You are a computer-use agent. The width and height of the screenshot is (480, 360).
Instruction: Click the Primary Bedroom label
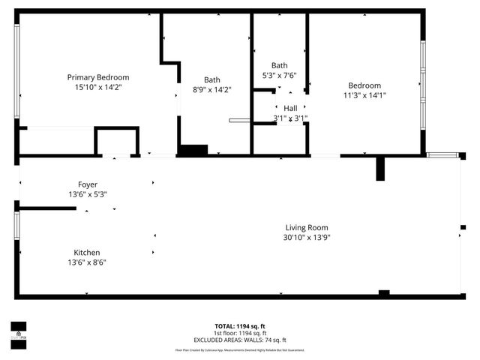(98, 77)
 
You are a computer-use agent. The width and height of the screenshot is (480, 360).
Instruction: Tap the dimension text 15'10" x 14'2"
(98, 87)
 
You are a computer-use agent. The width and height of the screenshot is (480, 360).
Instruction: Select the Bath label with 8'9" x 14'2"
(212, 79)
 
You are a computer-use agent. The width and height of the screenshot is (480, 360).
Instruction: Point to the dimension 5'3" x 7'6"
(280, 75)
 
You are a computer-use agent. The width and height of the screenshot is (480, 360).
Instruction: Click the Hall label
(289, 108)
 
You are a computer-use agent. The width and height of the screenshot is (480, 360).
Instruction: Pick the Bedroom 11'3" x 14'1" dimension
(364, 95)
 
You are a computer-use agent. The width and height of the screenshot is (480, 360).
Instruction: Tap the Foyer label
(88, 184)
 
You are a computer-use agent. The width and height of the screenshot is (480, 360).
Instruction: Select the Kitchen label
(87, 253)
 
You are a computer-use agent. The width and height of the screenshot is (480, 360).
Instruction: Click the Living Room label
(307, 227)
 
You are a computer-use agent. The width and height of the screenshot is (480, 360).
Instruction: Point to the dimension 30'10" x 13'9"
(307, 237)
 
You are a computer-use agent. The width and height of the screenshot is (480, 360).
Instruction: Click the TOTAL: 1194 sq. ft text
(240, 326)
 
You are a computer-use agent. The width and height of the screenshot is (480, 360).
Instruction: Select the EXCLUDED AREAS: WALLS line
(240, 340)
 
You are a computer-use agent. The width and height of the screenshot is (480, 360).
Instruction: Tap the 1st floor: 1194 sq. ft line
(240, 333)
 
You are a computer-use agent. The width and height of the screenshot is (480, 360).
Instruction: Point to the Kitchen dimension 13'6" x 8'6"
(87, 262)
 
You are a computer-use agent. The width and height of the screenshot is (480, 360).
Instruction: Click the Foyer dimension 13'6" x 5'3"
(88, 194)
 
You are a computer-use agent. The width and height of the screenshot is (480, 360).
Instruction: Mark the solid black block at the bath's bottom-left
(193, 150)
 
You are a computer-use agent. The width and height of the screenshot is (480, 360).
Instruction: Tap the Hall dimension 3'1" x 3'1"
(289, 118)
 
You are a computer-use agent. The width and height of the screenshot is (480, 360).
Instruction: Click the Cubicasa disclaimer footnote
(240, 349)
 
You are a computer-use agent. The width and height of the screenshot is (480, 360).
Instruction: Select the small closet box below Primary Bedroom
(116, 141)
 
